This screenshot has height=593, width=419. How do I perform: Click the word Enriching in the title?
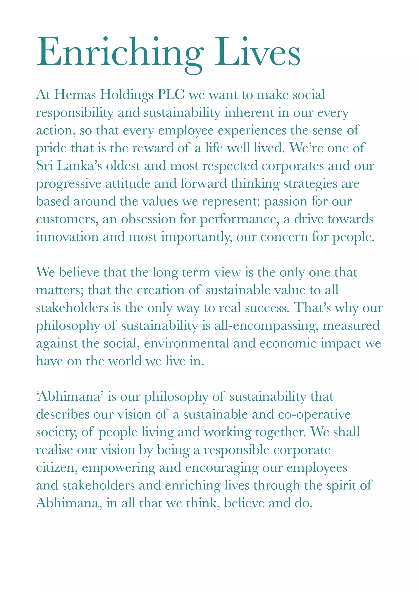120,52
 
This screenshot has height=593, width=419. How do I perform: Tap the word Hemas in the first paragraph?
75,95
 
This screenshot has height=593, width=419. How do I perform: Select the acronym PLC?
171,95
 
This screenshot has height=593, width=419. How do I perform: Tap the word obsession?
148,219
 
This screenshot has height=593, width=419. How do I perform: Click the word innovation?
67,237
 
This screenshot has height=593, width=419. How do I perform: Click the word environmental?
187,344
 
